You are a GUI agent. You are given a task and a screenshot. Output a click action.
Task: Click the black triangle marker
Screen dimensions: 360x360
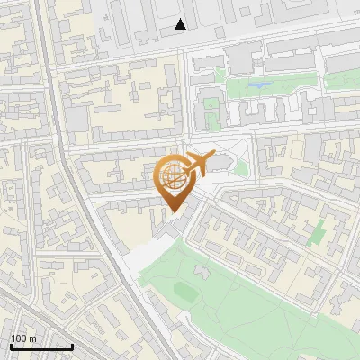(181, 25)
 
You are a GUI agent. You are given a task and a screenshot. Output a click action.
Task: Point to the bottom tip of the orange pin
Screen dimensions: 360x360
(172, 211)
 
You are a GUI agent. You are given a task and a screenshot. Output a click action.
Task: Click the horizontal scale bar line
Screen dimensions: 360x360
(41, 346)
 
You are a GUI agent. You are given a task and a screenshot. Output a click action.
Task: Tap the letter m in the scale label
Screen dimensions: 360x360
(33, 338)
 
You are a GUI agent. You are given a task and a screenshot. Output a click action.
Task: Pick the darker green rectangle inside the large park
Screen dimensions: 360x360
(185, 291)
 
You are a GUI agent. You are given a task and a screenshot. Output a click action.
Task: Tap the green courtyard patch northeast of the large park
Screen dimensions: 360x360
(317, 232)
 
